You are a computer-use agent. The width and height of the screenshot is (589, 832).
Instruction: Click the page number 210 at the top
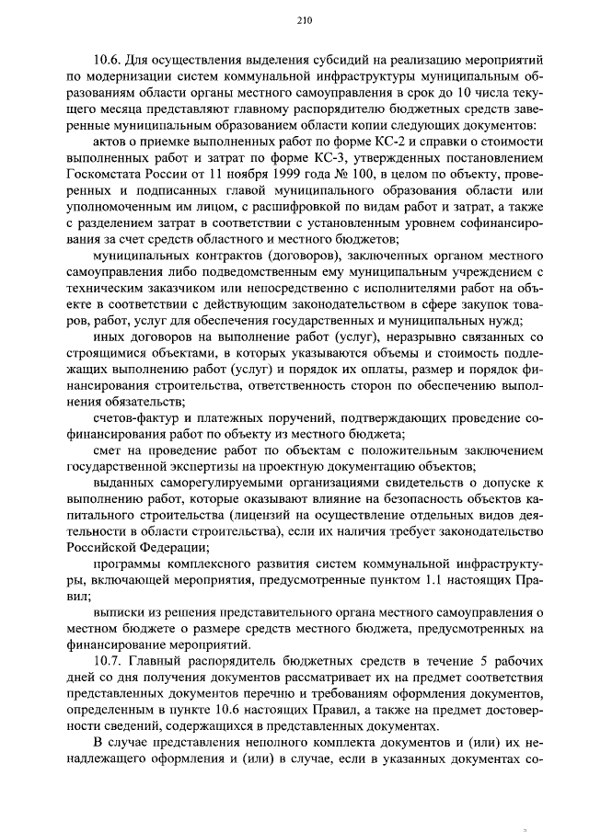tap(306, 22)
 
